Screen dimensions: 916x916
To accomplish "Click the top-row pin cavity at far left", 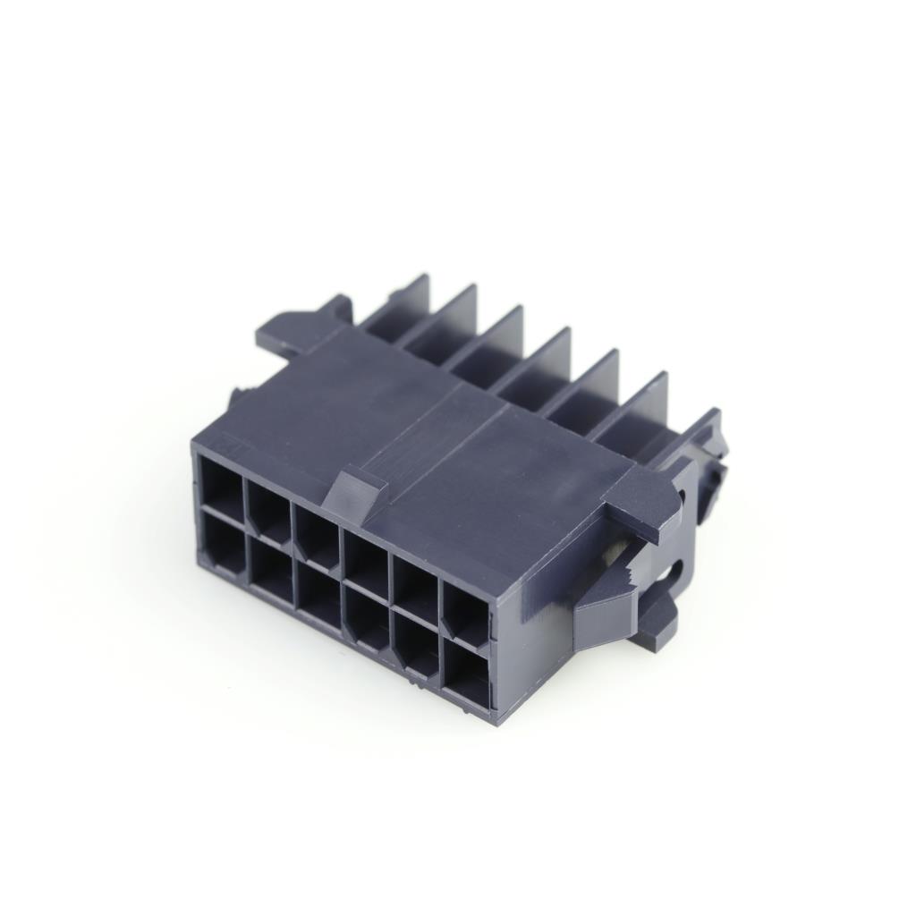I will [222, 488].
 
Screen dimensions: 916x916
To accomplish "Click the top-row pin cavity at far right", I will [466, 614].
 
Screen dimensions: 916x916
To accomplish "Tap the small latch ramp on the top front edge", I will [355, 493].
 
